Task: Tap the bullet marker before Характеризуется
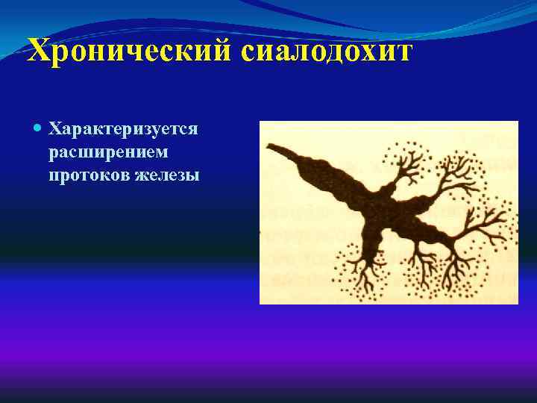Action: [39, 128]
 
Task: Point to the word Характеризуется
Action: [123, 128]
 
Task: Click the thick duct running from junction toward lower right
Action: [421, 228]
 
